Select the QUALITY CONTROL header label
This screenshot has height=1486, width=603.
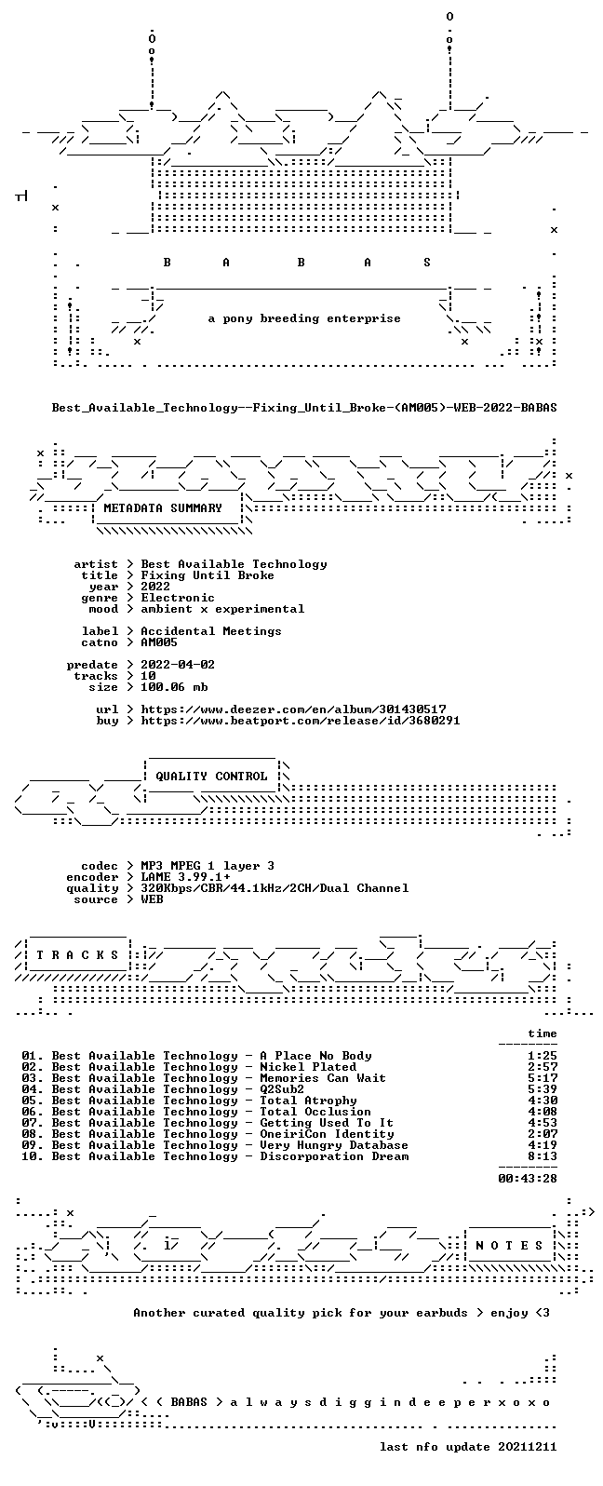point(211,777)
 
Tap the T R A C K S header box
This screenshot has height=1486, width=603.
point(77,955)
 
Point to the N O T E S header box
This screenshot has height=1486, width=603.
point(509,1246)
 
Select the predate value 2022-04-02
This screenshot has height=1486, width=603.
point(178,665)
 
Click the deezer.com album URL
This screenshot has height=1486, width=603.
point(293,709)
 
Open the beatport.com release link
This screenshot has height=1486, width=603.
point(301,721)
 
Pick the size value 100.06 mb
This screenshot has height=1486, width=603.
point(174,687)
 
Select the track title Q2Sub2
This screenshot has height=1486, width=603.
point(282,1089)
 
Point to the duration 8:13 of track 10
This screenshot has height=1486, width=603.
point(543,1156)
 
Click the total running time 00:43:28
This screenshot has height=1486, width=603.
point(528,1179)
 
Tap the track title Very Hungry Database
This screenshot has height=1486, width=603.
point(334,1145)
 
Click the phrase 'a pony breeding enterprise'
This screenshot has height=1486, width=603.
point(304,319)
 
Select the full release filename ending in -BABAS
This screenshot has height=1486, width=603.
point(304,408)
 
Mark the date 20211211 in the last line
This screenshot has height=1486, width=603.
point(528,1447)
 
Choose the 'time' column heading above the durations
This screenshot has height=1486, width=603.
point(543,1033)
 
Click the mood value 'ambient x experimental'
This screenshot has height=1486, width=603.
point(223,609)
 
